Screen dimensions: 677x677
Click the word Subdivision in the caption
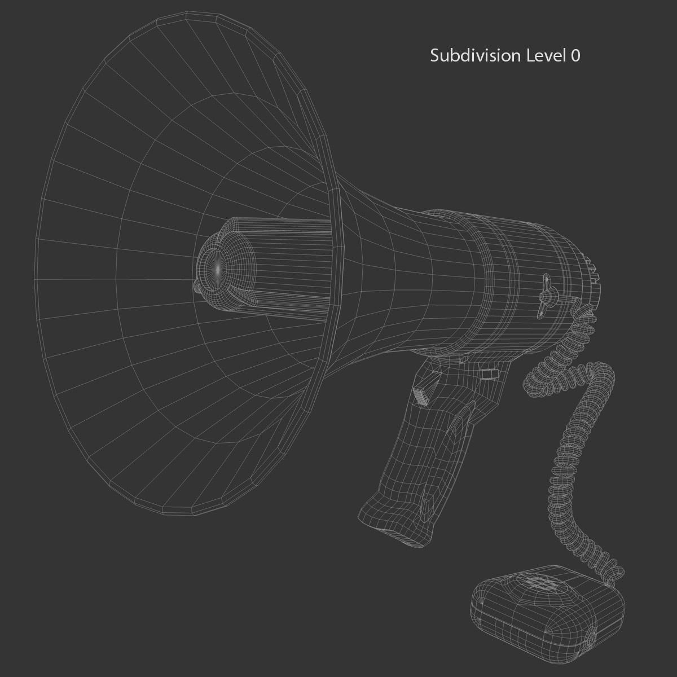click(x=475, y=55)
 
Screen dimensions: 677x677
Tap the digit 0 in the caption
click(x=575, y=55)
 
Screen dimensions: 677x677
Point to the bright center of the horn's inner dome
click(x=218, y=269)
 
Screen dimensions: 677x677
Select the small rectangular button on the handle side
click(x=490, y=374)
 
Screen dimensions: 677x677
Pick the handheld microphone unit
click(x=547, y=606)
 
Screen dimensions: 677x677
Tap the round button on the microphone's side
click(x=591, y=638)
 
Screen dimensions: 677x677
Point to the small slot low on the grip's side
click(x=427, y=502)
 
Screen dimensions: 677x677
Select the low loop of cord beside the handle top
click(x=536, y=384)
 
